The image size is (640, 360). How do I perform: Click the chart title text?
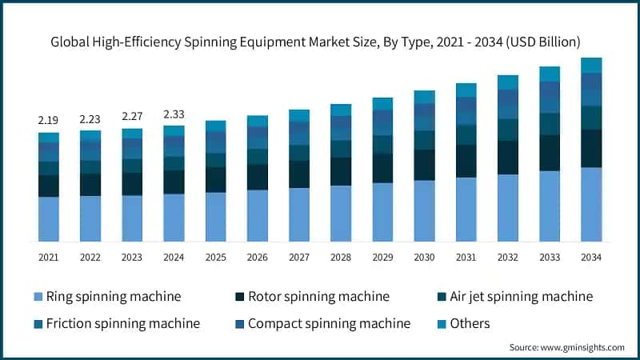320,41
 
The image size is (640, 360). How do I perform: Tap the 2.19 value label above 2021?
48,119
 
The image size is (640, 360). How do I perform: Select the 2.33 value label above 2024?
174,114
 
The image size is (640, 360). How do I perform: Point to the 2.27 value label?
132,116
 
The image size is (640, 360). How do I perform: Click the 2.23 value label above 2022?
90,118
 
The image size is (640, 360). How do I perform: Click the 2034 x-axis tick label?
591,257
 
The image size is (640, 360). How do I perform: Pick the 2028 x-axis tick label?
341,257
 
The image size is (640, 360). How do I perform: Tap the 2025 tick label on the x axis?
215,257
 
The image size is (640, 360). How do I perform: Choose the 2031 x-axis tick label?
466,257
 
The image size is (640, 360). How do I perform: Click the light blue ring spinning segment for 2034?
591,204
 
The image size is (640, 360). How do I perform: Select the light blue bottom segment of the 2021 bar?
48,218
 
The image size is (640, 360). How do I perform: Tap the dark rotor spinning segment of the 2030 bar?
424,165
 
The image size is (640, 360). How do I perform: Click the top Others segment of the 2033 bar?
550,74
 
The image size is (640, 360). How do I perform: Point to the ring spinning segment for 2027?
299,214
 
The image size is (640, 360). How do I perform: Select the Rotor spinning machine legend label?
318,297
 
